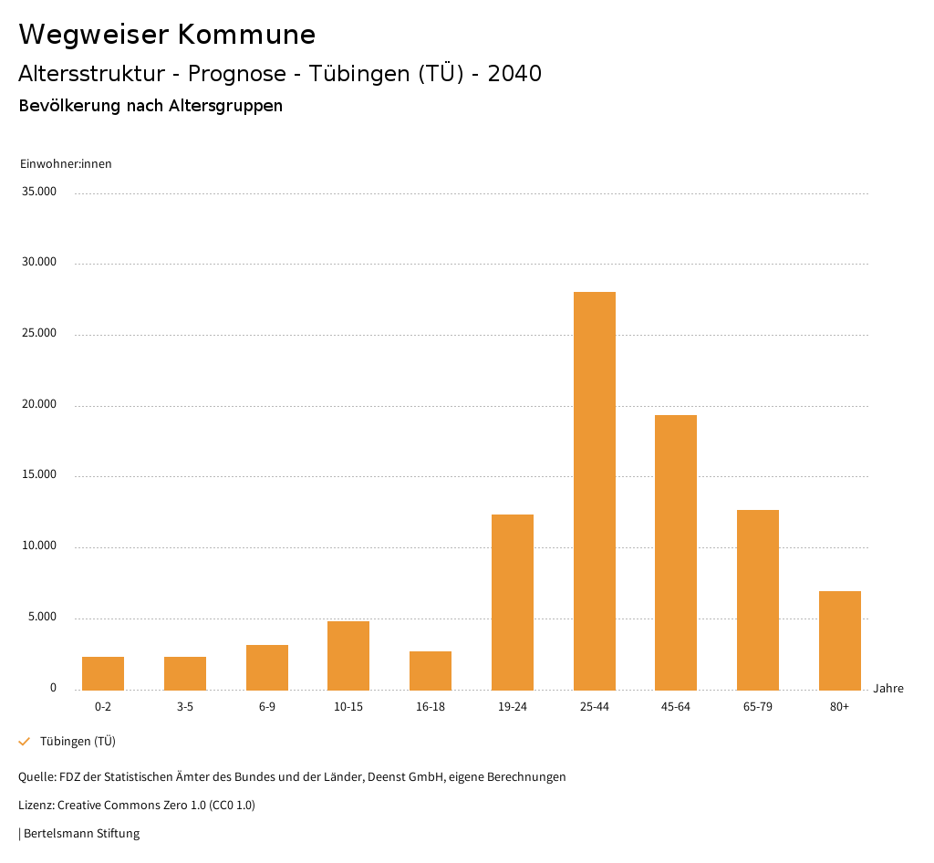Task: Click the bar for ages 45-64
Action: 676,552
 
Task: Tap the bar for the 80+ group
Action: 840,640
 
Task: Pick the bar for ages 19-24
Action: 513,602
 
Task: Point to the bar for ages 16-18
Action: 431,671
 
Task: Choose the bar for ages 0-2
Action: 103,673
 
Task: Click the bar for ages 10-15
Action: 348,655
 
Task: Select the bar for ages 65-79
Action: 758,599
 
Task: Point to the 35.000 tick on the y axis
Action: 40,192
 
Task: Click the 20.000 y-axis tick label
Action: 40,404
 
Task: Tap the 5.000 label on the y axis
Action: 43,617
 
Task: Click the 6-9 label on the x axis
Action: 267,707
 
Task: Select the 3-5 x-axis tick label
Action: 185,707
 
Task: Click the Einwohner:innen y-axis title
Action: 66,164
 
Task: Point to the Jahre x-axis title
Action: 888,689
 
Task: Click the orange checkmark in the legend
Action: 25,742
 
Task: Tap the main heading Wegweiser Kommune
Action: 167,35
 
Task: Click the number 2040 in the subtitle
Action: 514,74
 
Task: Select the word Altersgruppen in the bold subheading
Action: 225,106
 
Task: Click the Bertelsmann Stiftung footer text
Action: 81,834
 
